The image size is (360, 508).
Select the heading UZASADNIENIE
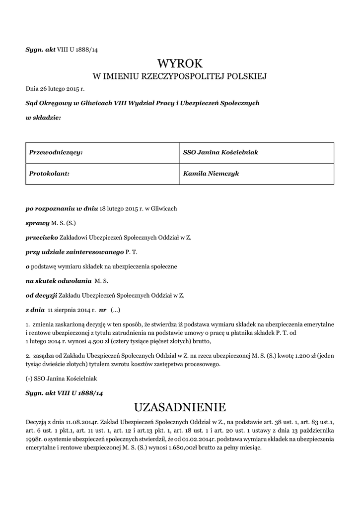pos(180,408)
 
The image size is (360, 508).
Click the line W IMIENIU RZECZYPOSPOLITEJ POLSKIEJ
pos(180,76)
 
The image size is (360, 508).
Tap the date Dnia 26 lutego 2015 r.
pos(55,89)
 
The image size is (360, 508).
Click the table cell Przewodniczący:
pos(56,152)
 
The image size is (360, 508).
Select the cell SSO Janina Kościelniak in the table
pos(220,152)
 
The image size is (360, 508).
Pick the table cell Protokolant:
pos(49,174)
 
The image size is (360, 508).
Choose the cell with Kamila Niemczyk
pos(211,174)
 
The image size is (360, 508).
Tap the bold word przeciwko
pos(42,238)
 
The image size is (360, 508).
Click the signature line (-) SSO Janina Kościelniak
pos(61,379)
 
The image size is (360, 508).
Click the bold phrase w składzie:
pos(43,117)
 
